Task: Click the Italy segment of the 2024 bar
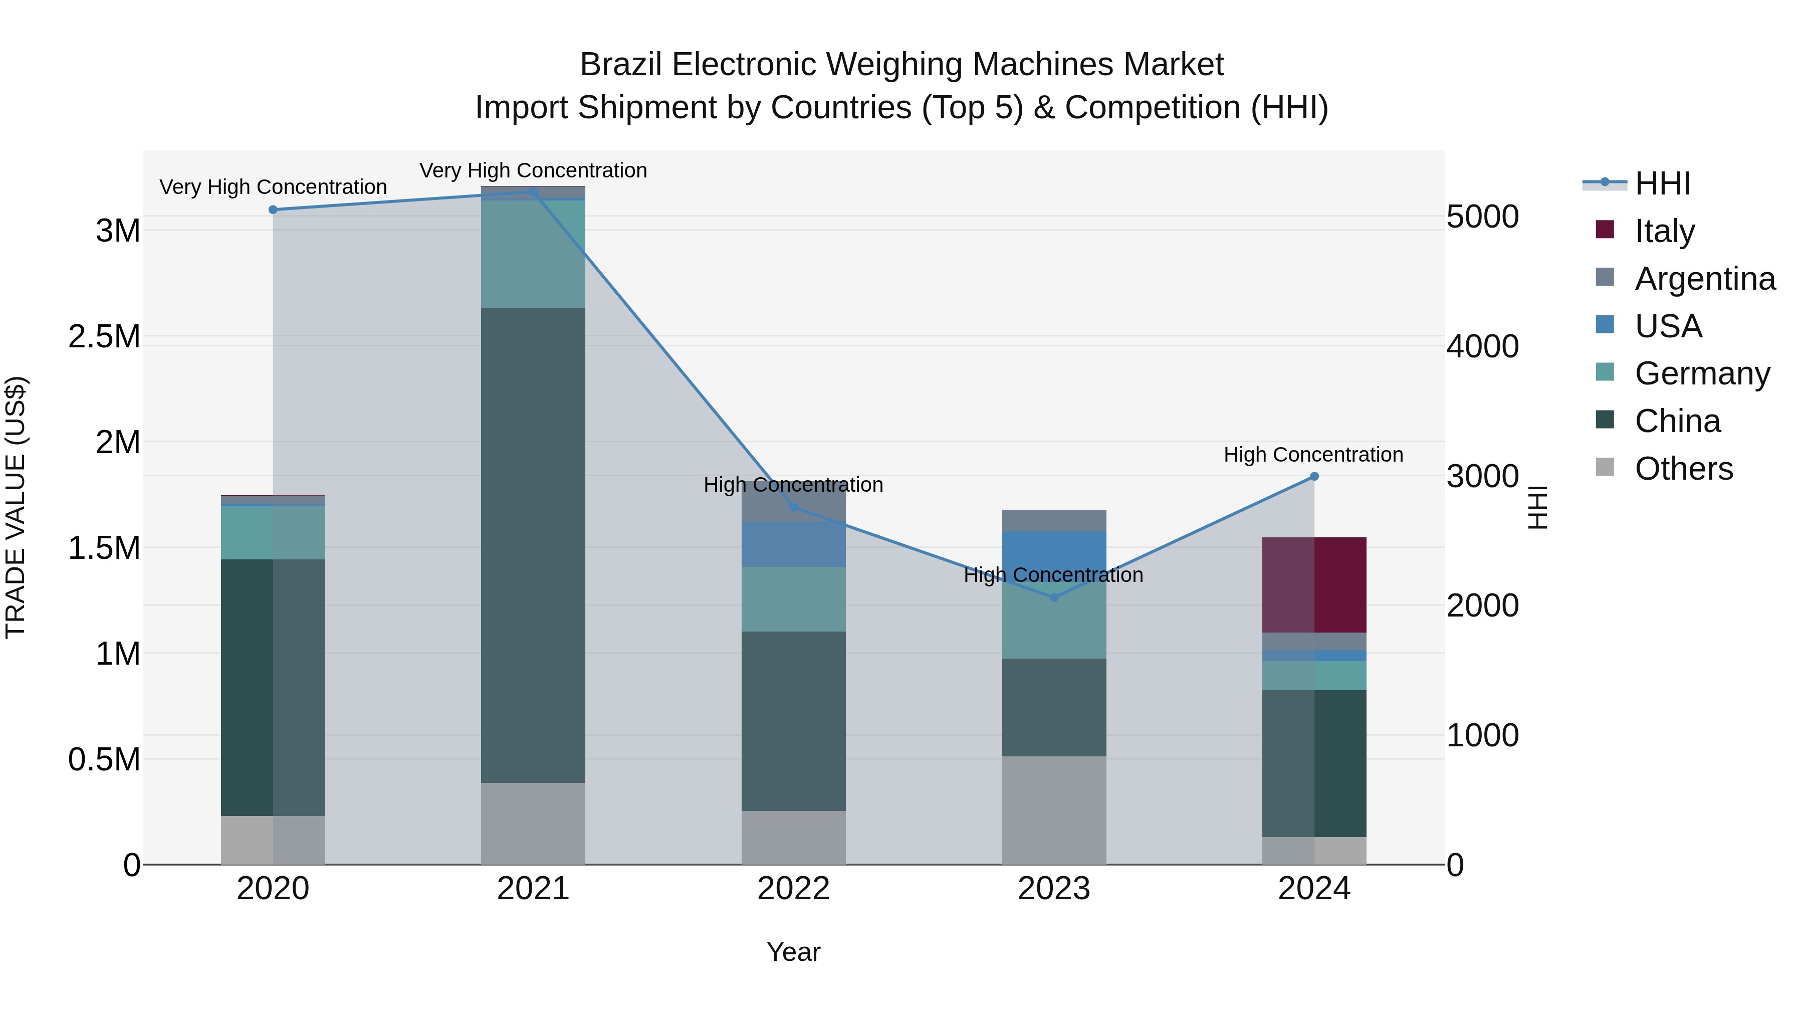click(1314, 585)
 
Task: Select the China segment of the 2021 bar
click(533, 545)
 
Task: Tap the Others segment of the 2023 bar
click(1054, 810)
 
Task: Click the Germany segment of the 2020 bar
click(273, 532)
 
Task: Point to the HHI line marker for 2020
click(273, 210)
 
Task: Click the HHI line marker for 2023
click(1054, 597)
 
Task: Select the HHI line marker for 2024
click(1314, 476)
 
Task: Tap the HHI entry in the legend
click(1662, 183)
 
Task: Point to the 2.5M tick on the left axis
click(104, 337)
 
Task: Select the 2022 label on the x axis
click(793, 889)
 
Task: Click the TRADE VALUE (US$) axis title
click(16, 507)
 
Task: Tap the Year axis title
click(793, 952)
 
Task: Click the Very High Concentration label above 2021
click(533, 170)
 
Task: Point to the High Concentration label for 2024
click(1313, 455)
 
